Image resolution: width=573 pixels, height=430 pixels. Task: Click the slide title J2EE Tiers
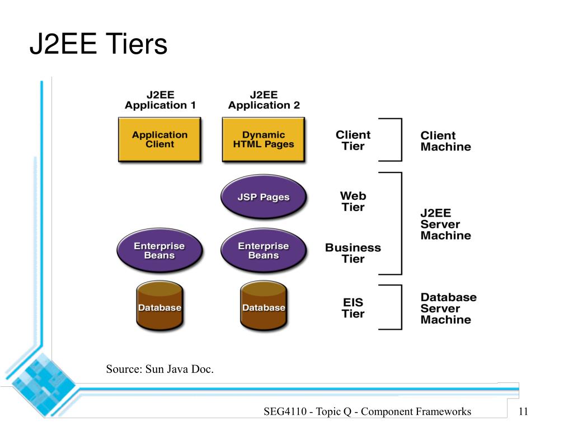98,44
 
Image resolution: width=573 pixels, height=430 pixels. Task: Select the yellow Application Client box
159,139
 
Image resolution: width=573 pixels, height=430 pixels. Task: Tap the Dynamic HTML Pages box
264,139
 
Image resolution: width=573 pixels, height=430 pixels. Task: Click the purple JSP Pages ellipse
264,197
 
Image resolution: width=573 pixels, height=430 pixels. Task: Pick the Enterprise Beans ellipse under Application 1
159,250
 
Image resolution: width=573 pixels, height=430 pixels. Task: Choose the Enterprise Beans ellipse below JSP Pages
264,250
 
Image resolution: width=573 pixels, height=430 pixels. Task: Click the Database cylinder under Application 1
159,306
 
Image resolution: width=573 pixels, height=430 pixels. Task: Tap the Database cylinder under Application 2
264,306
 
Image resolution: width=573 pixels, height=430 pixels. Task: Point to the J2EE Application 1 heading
161,100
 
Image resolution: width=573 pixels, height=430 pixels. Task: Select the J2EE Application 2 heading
264,100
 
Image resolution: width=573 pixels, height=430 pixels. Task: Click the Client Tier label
353,141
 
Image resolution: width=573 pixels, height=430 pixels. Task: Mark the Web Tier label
353,202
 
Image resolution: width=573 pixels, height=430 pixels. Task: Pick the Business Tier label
353,253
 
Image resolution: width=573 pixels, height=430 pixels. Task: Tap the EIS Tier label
353,308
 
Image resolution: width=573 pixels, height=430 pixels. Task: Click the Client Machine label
445,141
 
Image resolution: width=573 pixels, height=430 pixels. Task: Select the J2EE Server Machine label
445,224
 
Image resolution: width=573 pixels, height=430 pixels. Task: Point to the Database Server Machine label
448,309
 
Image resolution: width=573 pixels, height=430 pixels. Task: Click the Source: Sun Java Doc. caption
159,369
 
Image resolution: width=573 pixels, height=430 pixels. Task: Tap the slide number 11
523,412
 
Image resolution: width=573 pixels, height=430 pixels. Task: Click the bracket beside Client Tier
402,139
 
